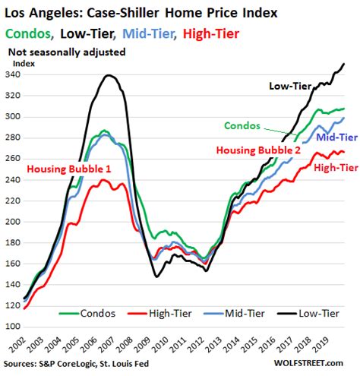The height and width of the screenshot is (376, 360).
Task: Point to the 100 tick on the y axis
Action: tap(14, 326)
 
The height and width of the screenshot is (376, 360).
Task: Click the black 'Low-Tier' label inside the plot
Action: tap(292, 86)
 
